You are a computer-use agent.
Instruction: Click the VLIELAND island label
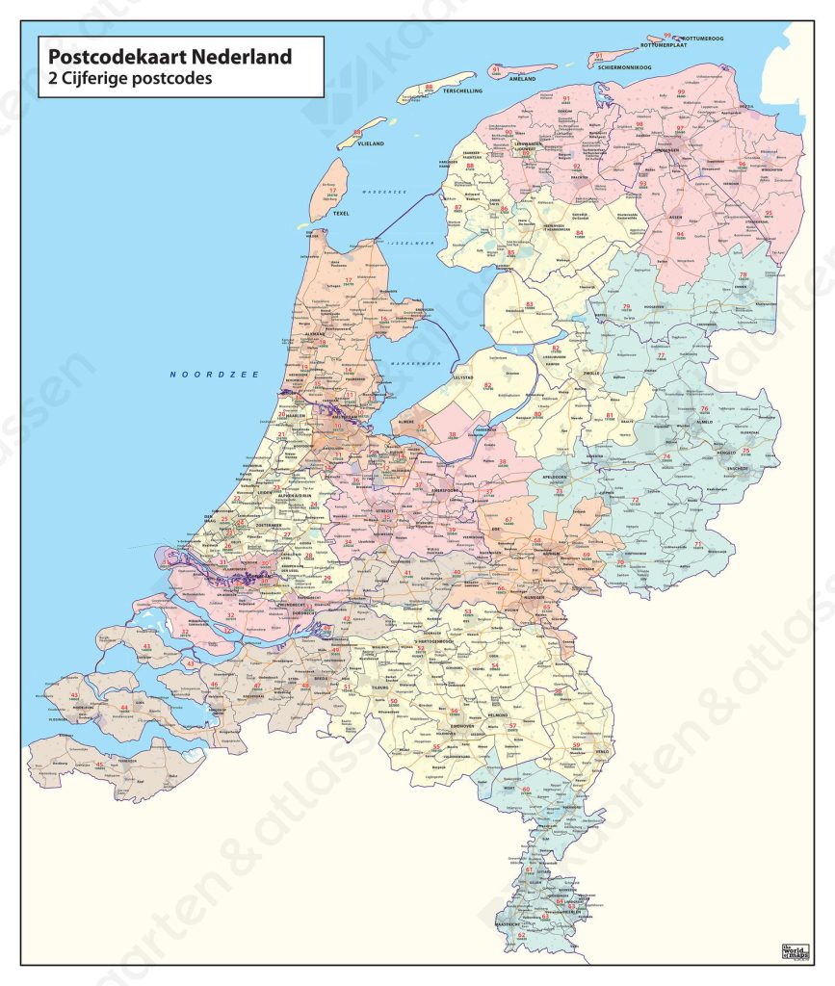tap(372, 143)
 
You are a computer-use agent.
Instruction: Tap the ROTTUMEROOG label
tap(705, 39)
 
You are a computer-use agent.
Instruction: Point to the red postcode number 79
tap(626, 306)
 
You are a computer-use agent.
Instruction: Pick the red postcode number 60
tap(526, 790)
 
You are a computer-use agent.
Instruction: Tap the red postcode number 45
tap(100, 765)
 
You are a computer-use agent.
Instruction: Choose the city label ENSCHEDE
tap(740, 466)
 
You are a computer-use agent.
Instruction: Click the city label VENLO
tap(578, 752)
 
